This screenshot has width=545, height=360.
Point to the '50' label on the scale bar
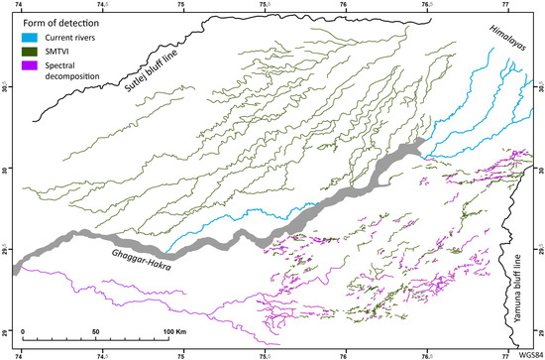tap(95, 329)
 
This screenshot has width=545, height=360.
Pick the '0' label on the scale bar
tap(23, 329)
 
